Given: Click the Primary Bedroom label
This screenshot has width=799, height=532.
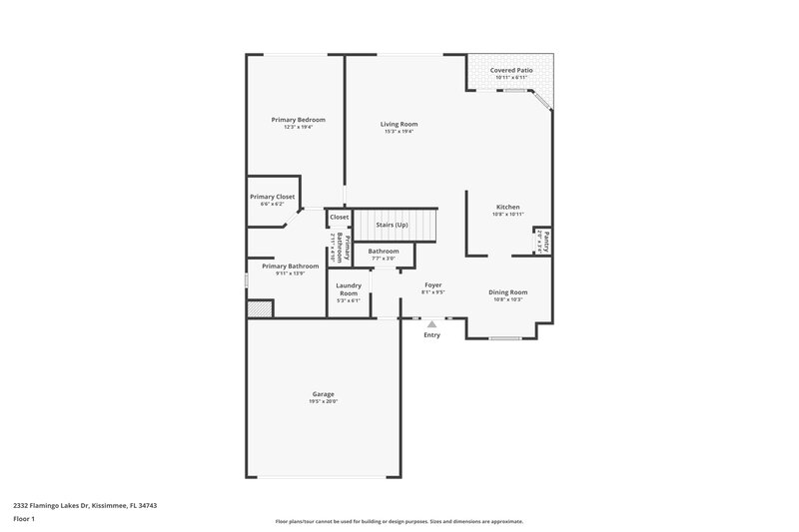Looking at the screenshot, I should [x=298, y=120].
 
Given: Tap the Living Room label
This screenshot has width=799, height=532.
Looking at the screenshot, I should [x=399, y=125].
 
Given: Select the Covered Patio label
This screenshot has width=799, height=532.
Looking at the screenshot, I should [x=510, y=71].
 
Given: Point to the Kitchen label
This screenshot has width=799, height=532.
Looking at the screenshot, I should [x=507, y=207].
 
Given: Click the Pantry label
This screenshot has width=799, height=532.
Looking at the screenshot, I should [x=547, y=242].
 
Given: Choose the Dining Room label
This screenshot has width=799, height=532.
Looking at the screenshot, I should [x=507, y=291].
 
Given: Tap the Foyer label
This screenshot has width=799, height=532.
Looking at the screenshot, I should [x=433, y=284].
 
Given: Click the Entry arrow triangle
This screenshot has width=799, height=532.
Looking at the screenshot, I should [x=431, y=323].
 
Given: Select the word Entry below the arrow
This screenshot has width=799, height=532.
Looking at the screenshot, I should [x=431, y=335].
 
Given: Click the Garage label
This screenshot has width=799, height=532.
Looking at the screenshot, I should [x=323, y=393].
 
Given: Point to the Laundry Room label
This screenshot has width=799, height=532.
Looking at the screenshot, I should [x=348, y=288].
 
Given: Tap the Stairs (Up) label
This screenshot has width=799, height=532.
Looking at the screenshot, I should [x=391, y=225].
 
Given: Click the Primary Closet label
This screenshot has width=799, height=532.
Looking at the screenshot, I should [x=272, y=197].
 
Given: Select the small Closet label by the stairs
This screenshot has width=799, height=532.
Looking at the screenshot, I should [x=339, y=217].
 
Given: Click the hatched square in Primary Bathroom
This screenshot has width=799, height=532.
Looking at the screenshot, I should [x=259, y=309].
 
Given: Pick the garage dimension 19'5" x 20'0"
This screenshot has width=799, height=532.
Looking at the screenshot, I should [x=323, y=401].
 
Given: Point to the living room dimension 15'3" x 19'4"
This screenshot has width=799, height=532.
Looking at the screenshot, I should [x=399, y=132].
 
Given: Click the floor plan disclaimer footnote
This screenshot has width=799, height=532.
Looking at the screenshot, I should [x=399, y=521].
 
